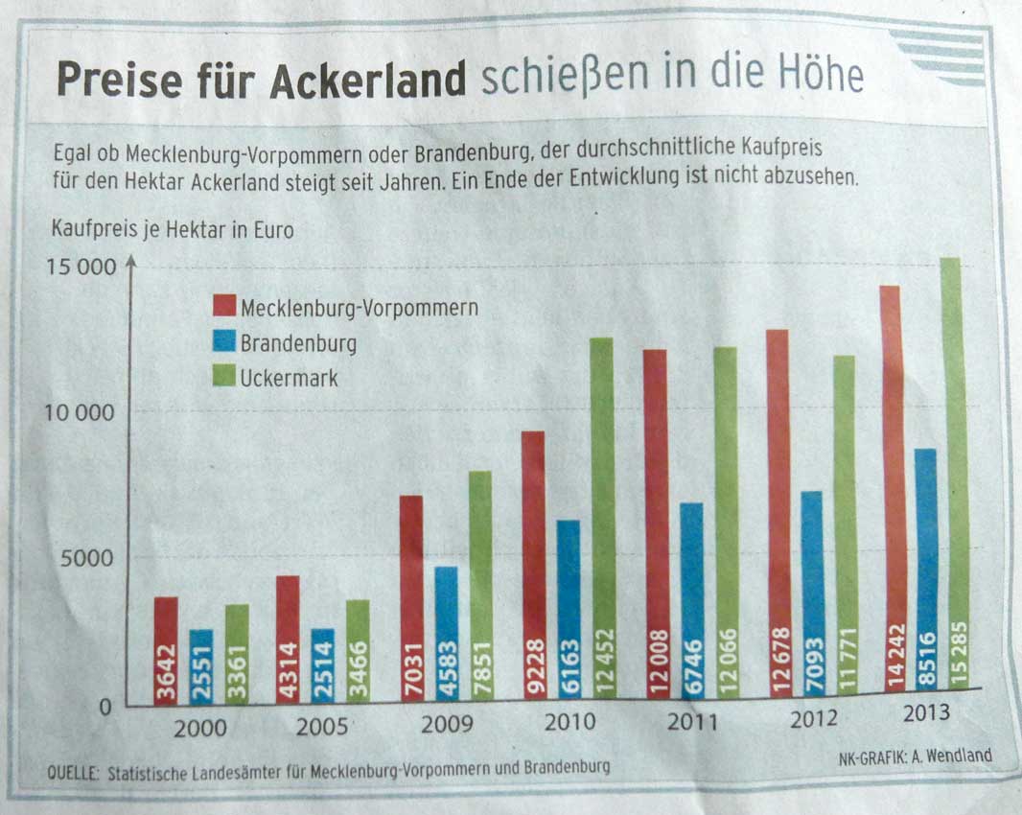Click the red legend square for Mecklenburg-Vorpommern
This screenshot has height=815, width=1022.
click(x=222, y=307)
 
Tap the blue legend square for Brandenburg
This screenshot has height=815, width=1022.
click(x=222, y=342)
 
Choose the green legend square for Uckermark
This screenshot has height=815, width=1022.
click(x=222, y=378)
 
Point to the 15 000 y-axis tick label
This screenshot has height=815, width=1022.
click(x=81, y=266)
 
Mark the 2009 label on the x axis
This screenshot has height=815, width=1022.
click(x=448, y=724)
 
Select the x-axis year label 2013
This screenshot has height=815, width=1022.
click(x=925, y=713)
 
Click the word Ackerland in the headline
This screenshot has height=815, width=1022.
click(x=368, y=81)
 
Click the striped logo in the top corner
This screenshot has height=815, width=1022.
click(x=941, y=56)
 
